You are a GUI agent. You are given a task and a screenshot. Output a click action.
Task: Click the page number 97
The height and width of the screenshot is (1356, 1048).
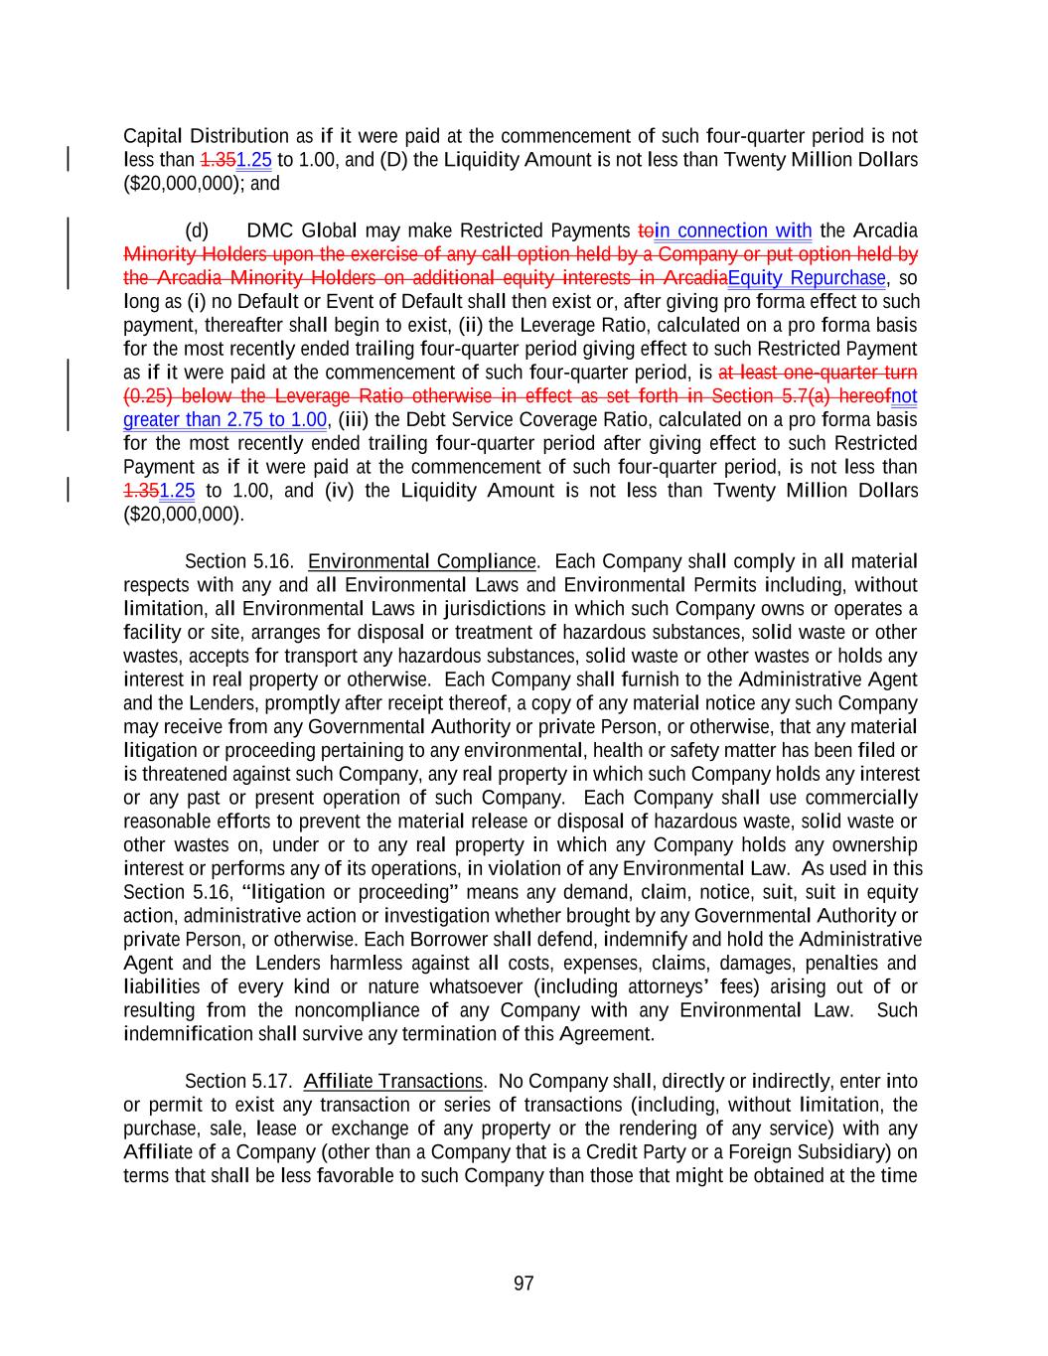tap(524, 1283)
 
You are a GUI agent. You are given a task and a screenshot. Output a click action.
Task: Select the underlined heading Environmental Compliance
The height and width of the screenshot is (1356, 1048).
tap(422, 561)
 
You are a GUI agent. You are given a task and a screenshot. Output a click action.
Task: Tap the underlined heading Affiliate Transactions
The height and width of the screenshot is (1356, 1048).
tap(392, 1081)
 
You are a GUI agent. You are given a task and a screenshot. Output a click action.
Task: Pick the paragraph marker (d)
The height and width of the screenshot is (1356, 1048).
tap(197, 231)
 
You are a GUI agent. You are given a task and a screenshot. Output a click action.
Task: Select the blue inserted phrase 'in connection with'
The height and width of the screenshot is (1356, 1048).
tap(733, 231)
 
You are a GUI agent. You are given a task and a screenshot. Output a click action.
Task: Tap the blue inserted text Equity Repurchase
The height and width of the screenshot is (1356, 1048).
tap(806, 277)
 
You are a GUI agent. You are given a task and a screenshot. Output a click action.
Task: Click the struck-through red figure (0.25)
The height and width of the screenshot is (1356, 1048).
tap(146, 396)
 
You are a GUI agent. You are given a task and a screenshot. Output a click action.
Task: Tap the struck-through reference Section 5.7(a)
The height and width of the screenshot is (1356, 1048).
tap(780, 396)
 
